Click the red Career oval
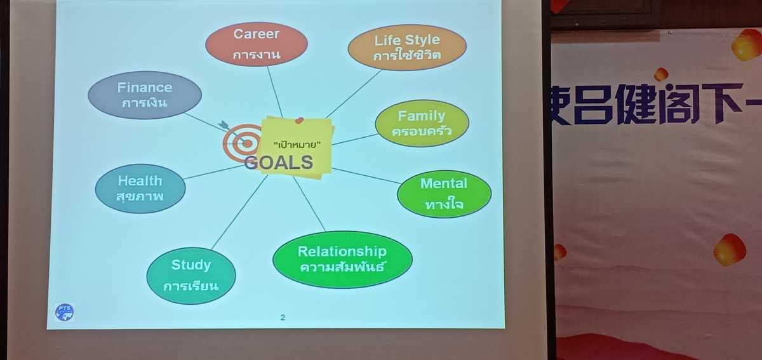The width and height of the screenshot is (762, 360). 257,44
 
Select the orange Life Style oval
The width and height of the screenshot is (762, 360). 407,48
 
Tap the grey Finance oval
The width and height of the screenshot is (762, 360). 145,95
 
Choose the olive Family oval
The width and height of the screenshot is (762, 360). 422,123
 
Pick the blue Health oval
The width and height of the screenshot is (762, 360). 140,189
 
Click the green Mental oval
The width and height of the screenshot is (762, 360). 444,194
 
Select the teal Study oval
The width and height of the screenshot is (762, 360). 191,276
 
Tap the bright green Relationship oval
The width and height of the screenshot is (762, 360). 342,260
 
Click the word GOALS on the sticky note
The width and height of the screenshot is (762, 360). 279,163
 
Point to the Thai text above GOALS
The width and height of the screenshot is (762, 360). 297,145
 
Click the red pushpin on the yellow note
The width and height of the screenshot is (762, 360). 299,120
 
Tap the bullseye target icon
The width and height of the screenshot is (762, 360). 242,143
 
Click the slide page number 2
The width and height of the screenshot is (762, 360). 283,317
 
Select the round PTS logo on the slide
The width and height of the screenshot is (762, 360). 64,312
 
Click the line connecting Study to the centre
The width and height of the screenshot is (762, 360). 239,212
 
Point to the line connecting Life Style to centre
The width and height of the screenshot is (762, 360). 354,94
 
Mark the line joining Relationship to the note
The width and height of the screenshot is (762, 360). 309,204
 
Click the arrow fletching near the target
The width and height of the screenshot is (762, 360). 224,124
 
